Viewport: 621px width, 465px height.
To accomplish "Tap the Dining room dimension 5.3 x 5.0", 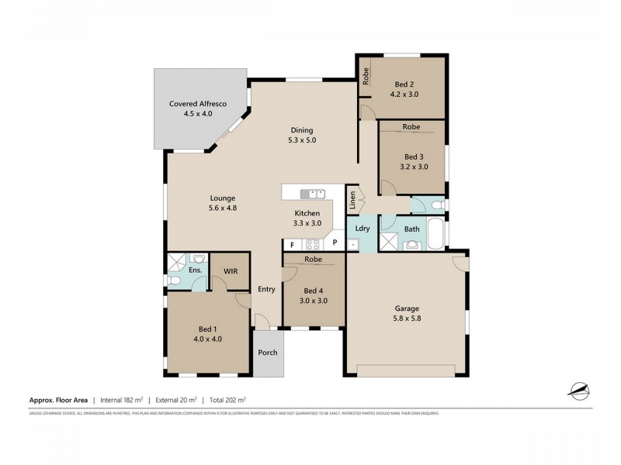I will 302,140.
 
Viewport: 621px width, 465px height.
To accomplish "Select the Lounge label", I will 223,198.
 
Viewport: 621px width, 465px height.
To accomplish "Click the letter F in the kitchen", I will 292,243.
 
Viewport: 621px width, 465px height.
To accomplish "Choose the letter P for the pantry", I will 334,243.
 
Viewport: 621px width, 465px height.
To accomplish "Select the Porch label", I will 268,353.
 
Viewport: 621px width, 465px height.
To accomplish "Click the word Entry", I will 267,289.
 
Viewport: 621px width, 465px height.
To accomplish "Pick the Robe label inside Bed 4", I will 314,259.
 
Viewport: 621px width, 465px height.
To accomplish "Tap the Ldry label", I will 362,229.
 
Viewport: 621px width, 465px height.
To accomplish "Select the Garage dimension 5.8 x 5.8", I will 408,317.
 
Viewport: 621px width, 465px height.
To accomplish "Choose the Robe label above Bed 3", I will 411,126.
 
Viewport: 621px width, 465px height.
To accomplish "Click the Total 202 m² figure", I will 226,400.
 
